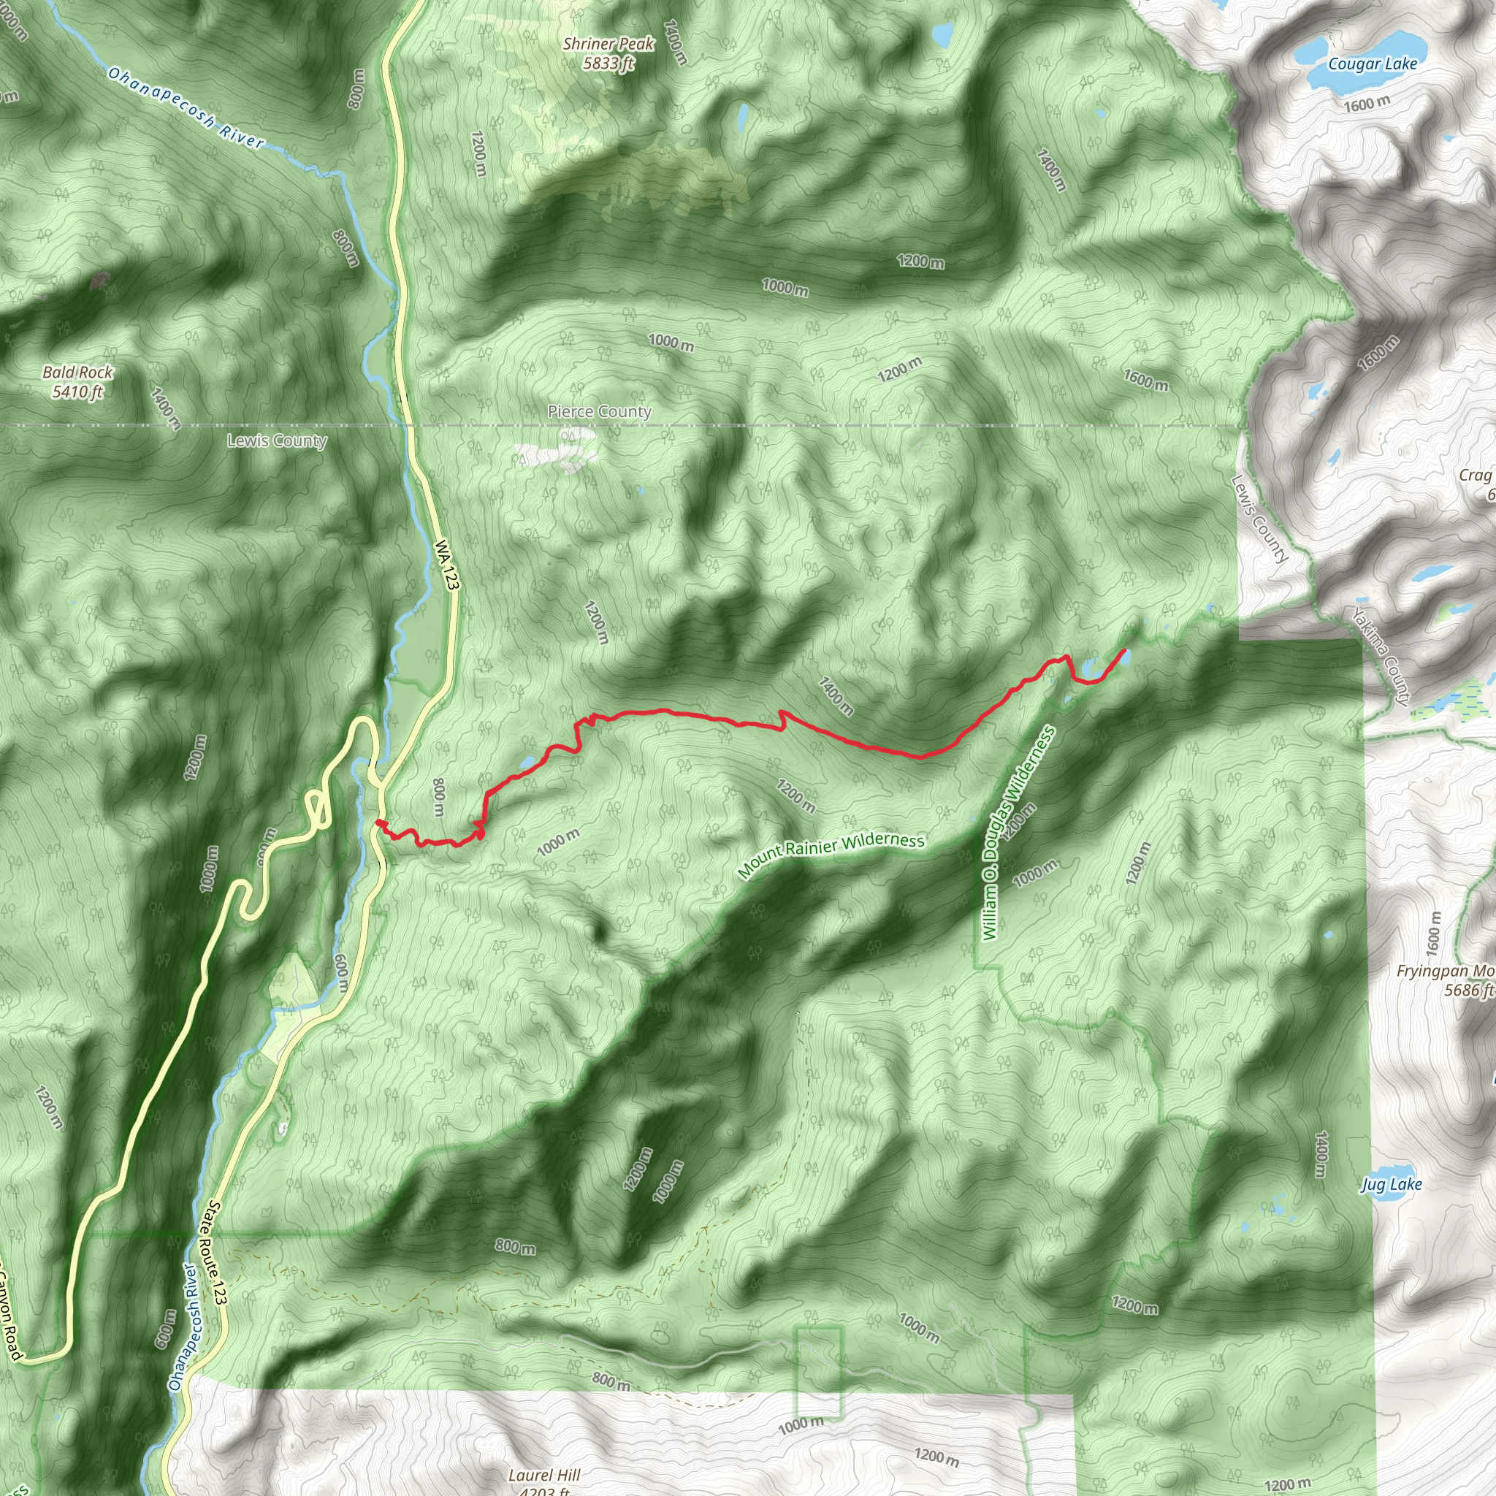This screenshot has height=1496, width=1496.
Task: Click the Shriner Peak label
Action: (x=608, y=44)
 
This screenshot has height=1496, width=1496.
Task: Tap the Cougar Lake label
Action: (x=1372, y=64)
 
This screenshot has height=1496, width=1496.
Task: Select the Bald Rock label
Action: (x=77, y=373)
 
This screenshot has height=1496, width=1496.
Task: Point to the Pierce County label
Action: (x=599, y=412)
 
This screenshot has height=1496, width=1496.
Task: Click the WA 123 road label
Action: (x=447, y=565)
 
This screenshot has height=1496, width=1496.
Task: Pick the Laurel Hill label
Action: (x=544, y=1475)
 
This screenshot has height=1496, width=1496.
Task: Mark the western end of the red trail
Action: (x=378, y=821)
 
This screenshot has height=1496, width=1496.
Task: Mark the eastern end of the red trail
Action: (x=1123, y=649)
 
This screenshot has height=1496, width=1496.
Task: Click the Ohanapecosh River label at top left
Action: (x=186, y=108)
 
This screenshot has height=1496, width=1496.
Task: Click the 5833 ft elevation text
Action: (x=608, y=64)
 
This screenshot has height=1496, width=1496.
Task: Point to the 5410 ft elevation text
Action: (x=77, y=392)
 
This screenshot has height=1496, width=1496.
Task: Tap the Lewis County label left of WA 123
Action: (x=276, y=440)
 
